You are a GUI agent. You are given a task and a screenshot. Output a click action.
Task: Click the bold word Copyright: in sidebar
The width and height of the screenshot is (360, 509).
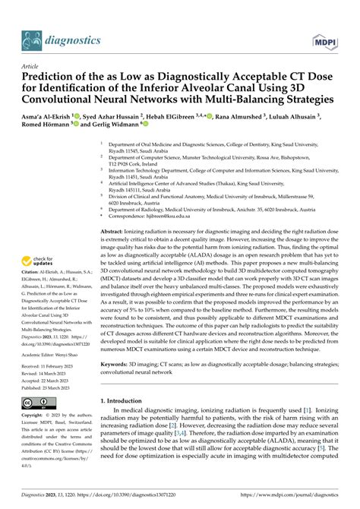pos(36,439)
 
